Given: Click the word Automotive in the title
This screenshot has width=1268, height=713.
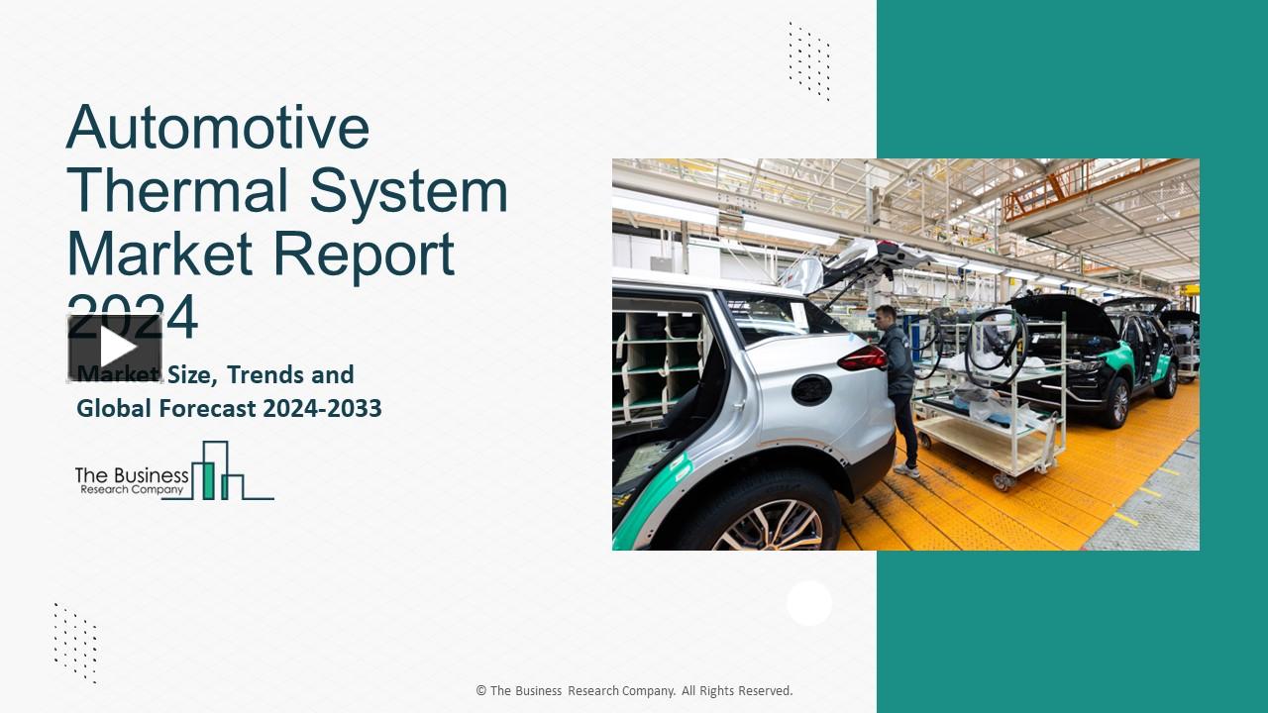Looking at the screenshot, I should point(218,127).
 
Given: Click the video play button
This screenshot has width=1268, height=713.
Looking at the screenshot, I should point(116,347).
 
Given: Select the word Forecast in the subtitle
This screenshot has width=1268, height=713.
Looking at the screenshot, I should point(185,408).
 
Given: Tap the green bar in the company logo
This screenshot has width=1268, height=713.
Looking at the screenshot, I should point(208,479).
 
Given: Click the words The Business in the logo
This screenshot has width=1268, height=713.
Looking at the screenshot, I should point(132,474).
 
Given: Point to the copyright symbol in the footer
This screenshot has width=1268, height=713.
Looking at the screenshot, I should point(481,691).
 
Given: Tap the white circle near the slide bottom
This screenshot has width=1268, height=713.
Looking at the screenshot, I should point(809,603).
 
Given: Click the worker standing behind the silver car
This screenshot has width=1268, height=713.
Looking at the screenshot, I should point(898,386).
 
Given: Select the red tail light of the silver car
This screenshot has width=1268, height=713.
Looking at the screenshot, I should point(862,358).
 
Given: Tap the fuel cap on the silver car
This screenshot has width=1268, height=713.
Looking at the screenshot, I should point(811,389).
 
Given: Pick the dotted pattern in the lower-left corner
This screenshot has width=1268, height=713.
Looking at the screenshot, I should point(75,642).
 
